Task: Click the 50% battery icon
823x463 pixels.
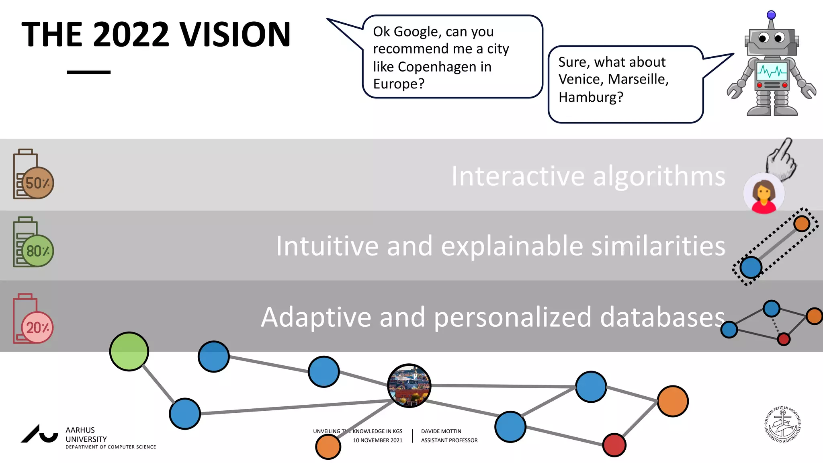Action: tap(33, 175)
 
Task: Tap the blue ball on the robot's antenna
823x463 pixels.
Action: tap(771, 15)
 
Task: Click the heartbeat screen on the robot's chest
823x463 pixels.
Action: tap(772, 72)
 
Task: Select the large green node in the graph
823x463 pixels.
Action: tap(129, 351)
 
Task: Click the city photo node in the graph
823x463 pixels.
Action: tap(409, 386)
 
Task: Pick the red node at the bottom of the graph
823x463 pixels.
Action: tap(614, 445)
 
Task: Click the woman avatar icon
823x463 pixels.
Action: tap(764, 194)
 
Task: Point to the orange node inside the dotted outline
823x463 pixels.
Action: tap(801, 223)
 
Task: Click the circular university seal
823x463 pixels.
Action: tap(782, 424)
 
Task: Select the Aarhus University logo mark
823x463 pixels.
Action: tap(39, 434)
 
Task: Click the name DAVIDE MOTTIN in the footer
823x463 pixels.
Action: tap(441, 431)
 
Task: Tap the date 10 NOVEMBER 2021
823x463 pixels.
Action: tap(377, 440)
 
